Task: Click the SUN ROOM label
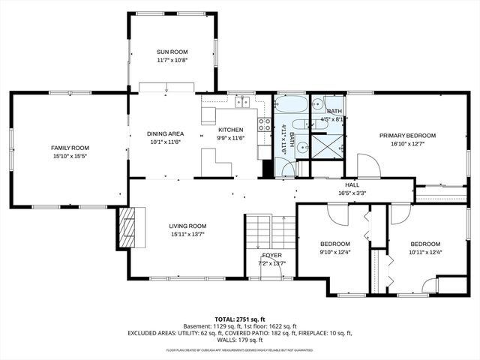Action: coord(172,52)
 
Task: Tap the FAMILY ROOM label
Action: coord(70,148)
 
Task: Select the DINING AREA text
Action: coord(165,134)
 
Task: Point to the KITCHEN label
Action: coord(230,130)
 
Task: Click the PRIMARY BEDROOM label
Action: coord(407,136)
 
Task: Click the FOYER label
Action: coord(271,255)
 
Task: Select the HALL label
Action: coord(352,184)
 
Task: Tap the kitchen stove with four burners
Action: coord(265,124)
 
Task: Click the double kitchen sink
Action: coord(243,102)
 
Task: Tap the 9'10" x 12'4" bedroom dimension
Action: coord(335,253)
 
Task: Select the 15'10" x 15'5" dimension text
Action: coord(70,156)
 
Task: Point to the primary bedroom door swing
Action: coord(367,164)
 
